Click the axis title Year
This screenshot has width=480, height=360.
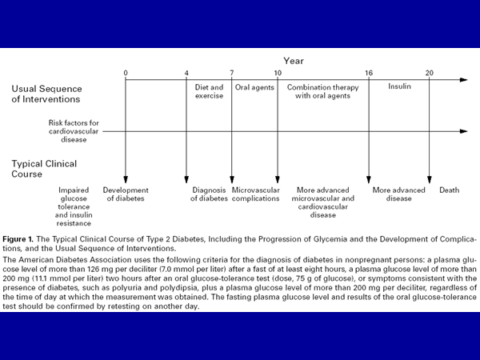point(294,61)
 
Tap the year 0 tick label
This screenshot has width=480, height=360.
point(126,73)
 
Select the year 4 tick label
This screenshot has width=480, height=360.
point(187,73)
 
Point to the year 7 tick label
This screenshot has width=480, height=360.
point(232,73)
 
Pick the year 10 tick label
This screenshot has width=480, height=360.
point(278,73)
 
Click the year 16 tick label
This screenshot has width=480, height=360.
point(369,73)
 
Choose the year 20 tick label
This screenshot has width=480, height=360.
point(430,73)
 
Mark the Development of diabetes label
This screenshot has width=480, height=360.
point(126,194)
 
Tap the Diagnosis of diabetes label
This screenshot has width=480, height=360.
point(209,194)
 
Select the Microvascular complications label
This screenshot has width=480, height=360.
point(255,194)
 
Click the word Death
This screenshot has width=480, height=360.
point(449,190)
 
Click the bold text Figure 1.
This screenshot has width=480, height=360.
point(22,239)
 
